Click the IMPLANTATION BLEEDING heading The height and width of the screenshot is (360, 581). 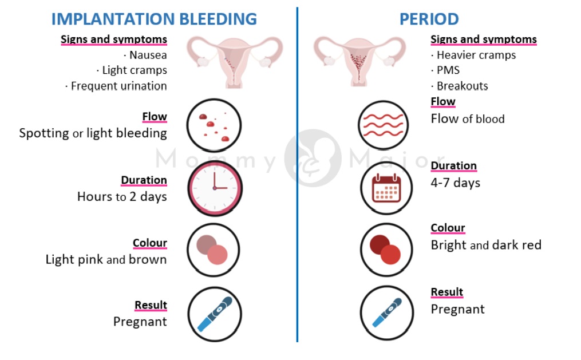click(154, 19)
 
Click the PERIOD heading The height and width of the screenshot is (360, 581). click(429, 19)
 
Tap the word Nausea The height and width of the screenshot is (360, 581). click(148, 56)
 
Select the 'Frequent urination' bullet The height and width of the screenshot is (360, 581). click(118, 86)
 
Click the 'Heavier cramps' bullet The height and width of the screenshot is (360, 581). click(476, 56)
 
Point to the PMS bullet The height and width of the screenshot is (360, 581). click(448, 70)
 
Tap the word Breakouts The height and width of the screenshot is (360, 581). click(462, 86)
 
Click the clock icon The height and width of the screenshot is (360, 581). click(215, 188)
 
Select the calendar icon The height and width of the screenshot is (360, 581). click(386, 188)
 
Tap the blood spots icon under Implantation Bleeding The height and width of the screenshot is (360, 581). click(215, 125)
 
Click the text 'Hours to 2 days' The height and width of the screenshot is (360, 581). click(122, 197)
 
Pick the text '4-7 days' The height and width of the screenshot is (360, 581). click(456, 183)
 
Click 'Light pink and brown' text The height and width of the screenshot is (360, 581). click(106, 260)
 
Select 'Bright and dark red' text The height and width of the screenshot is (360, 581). click(486, 246)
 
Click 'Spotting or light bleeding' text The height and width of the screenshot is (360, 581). click(93, 134)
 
